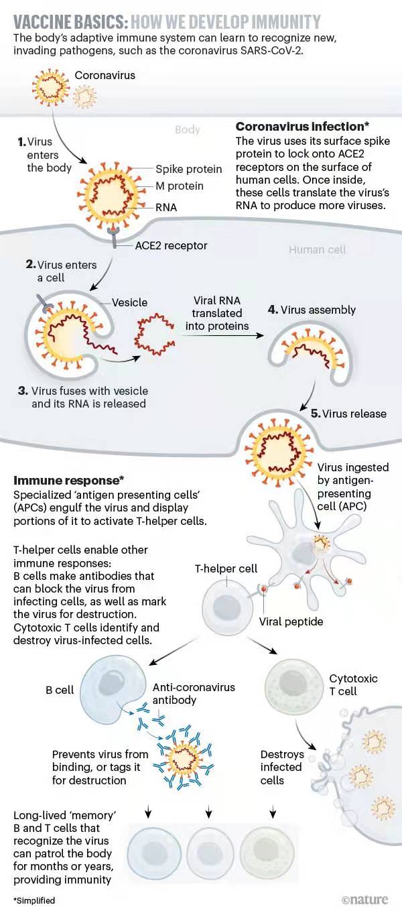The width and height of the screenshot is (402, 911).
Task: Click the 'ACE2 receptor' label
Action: point(171,246)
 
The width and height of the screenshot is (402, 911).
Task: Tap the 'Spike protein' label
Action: point(188,170)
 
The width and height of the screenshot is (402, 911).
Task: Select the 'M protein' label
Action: point(179,186)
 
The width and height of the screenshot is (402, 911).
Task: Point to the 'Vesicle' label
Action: point(129,302)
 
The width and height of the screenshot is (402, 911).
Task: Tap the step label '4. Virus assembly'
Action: point(312,310)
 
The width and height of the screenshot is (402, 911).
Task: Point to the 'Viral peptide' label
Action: point(291,621)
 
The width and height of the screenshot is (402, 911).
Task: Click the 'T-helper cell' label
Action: point(226,569)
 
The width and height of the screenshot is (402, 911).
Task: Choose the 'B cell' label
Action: point(60,689)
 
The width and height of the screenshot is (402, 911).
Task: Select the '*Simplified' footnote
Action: point(34,900)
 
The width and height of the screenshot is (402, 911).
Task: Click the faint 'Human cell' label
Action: point(317,249)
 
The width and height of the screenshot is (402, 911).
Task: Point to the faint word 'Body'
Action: point(187,130)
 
